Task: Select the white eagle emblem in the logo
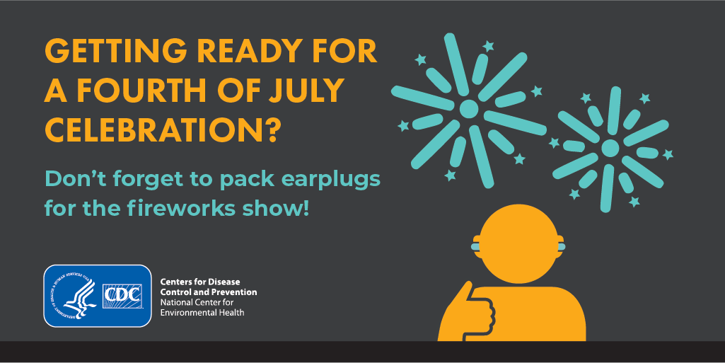pyautogui.click(x=79, y=296)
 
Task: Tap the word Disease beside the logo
pyautogui.click(x=224, y=282)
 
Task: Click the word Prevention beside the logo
pyautogui.click(x=234, y=292)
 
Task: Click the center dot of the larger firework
pyautogui.click(x=469, y=109)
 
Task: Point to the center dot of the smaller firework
pyautogui.click(x=610, y=148)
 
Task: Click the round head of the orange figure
pyautogui.click(x=518, y=243)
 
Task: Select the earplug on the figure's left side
pyautogui.click(x=476, y=243)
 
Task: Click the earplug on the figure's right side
pyautogui.click(x=559, y=243)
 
